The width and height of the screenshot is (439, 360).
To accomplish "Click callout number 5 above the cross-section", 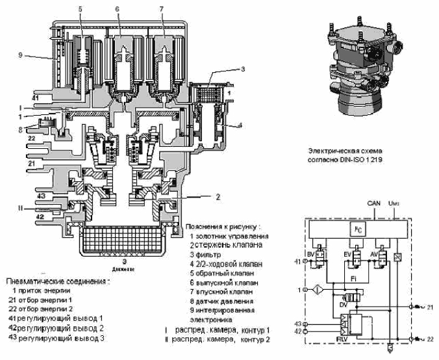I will pos(80,9).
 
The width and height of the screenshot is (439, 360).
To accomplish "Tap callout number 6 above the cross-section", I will pos(118,9).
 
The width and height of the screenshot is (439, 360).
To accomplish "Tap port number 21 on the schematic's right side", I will pos(429,305).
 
